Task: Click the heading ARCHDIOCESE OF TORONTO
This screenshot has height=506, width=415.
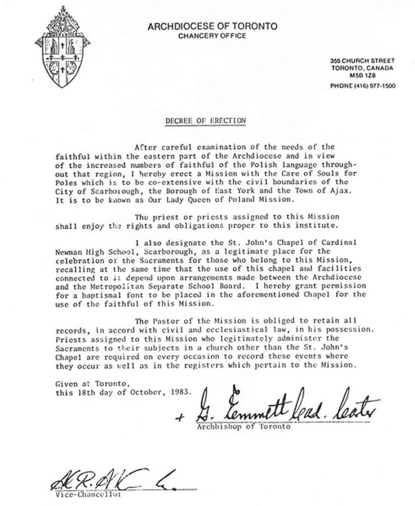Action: click(x=212, y=27)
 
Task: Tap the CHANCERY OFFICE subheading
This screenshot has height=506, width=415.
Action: click(x=212, y=36)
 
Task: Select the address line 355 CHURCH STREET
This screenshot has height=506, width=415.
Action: click(x=362, y=61)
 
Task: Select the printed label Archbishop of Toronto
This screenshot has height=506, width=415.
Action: click(x=244, y=426)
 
